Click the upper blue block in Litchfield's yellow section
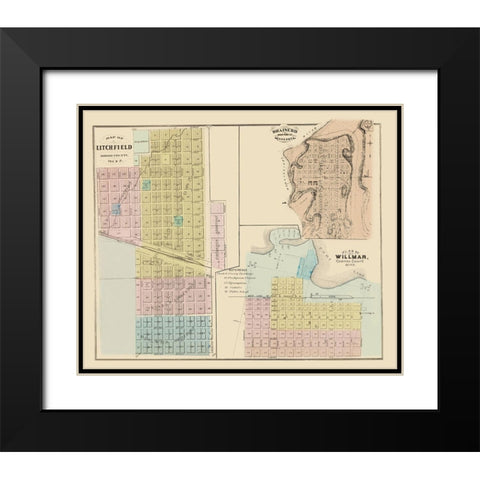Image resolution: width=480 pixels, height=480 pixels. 146,184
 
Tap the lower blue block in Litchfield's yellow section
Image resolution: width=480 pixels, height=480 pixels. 179,219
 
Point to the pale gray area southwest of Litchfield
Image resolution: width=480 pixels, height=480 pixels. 116,300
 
